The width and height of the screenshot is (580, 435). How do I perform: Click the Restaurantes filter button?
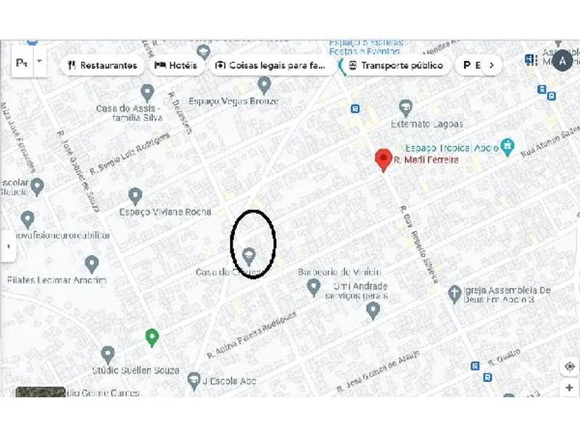(102, 65)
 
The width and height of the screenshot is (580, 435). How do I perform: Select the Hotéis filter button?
(177, 65)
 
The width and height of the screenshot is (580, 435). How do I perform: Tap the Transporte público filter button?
(395, 65)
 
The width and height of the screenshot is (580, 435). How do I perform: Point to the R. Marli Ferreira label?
(426, 159)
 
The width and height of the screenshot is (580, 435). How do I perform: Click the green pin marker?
(152, 336)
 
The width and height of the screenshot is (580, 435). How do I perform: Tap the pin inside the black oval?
(249, 255)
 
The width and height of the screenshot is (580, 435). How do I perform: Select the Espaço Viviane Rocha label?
(166, 212)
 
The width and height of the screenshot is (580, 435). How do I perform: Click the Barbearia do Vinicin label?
(339, 272)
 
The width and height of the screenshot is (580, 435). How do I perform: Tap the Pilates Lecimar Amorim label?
(57, 280)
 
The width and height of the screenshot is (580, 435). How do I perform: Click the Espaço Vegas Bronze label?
(233, 101)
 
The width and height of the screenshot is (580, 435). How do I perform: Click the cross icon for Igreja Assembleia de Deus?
(454, 294)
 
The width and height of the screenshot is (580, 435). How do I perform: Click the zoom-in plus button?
(570, 388)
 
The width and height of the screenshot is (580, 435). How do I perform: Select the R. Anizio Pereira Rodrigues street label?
(252, 336)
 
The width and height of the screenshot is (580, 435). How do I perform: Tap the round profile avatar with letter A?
(563, 62)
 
